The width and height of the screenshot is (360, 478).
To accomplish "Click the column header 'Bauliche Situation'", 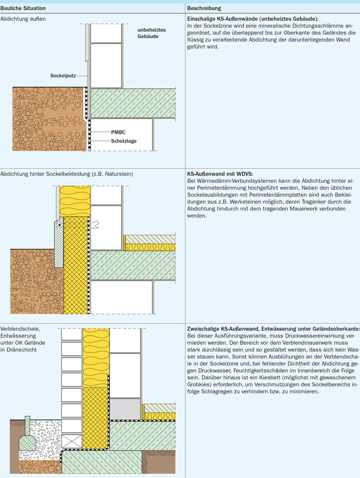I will [x=23, y=8].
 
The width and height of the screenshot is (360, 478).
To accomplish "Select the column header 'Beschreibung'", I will [x=204, y=8].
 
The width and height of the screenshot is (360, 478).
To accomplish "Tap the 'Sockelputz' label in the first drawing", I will [x=63, y=75].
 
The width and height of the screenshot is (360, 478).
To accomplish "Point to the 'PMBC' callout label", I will [x=118, y=132].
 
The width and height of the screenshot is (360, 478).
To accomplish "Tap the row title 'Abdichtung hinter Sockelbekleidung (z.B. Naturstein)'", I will [x=67, y=174].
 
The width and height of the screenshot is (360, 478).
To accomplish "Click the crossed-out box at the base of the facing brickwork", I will [x=72, y=441].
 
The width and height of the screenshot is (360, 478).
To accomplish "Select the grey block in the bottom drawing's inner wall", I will [x=125, y=409].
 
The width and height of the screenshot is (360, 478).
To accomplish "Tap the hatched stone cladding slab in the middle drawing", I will [x=58, y=248].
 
